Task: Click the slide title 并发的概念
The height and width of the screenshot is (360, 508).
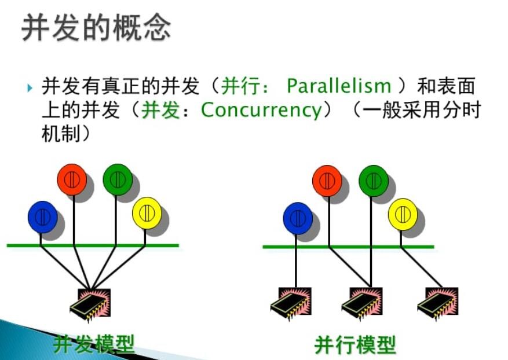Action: coord(96,28)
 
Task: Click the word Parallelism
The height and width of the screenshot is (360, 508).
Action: coord(339,86)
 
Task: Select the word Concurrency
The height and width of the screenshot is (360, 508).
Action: coord(261,110)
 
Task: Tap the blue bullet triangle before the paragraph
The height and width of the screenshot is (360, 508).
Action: coord(30,87)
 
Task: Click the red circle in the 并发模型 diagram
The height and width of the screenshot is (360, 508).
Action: coord(72,179)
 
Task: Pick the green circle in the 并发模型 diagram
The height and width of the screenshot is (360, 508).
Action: coord(118,179)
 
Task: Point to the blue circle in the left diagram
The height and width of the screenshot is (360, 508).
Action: coord(43,217)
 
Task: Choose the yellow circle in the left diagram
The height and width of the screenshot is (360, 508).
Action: coord(147,213)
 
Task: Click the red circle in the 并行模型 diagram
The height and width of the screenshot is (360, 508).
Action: coord(327,181)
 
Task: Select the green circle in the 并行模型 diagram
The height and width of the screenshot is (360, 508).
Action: coord(374,181)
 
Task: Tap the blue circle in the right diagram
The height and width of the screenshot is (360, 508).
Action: coord(298,219)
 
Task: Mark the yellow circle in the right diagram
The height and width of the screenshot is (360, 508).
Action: coord(403,214)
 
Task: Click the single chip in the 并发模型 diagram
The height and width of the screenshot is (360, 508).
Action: coord(91,304)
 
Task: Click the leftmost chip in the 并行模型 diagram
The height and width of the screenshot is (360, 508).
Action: coord(291,304)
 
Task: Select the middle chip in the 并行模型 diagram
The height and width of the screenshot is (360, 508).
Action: coord(362,304)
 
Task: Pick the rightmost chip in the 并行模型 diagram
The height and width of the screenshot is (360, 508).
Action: coord(438,304)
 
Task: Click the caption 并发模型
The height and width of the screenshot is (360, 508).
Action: coord(94,344)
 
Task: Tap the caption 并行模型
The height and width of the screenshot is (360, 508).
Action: coord(355,345)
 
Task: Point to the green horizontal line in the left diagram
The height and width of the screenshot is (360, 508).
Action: coord(93,245)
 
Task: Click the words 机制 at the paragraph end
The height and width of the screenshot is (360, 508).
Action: coord(61,134)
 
